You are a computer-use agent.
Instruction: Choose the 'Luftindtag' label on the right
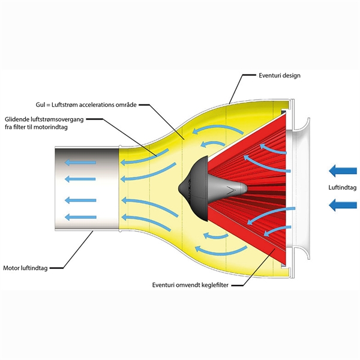pos(343,188)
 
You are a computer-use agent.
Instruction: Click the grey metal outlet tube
pos(84,189)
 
